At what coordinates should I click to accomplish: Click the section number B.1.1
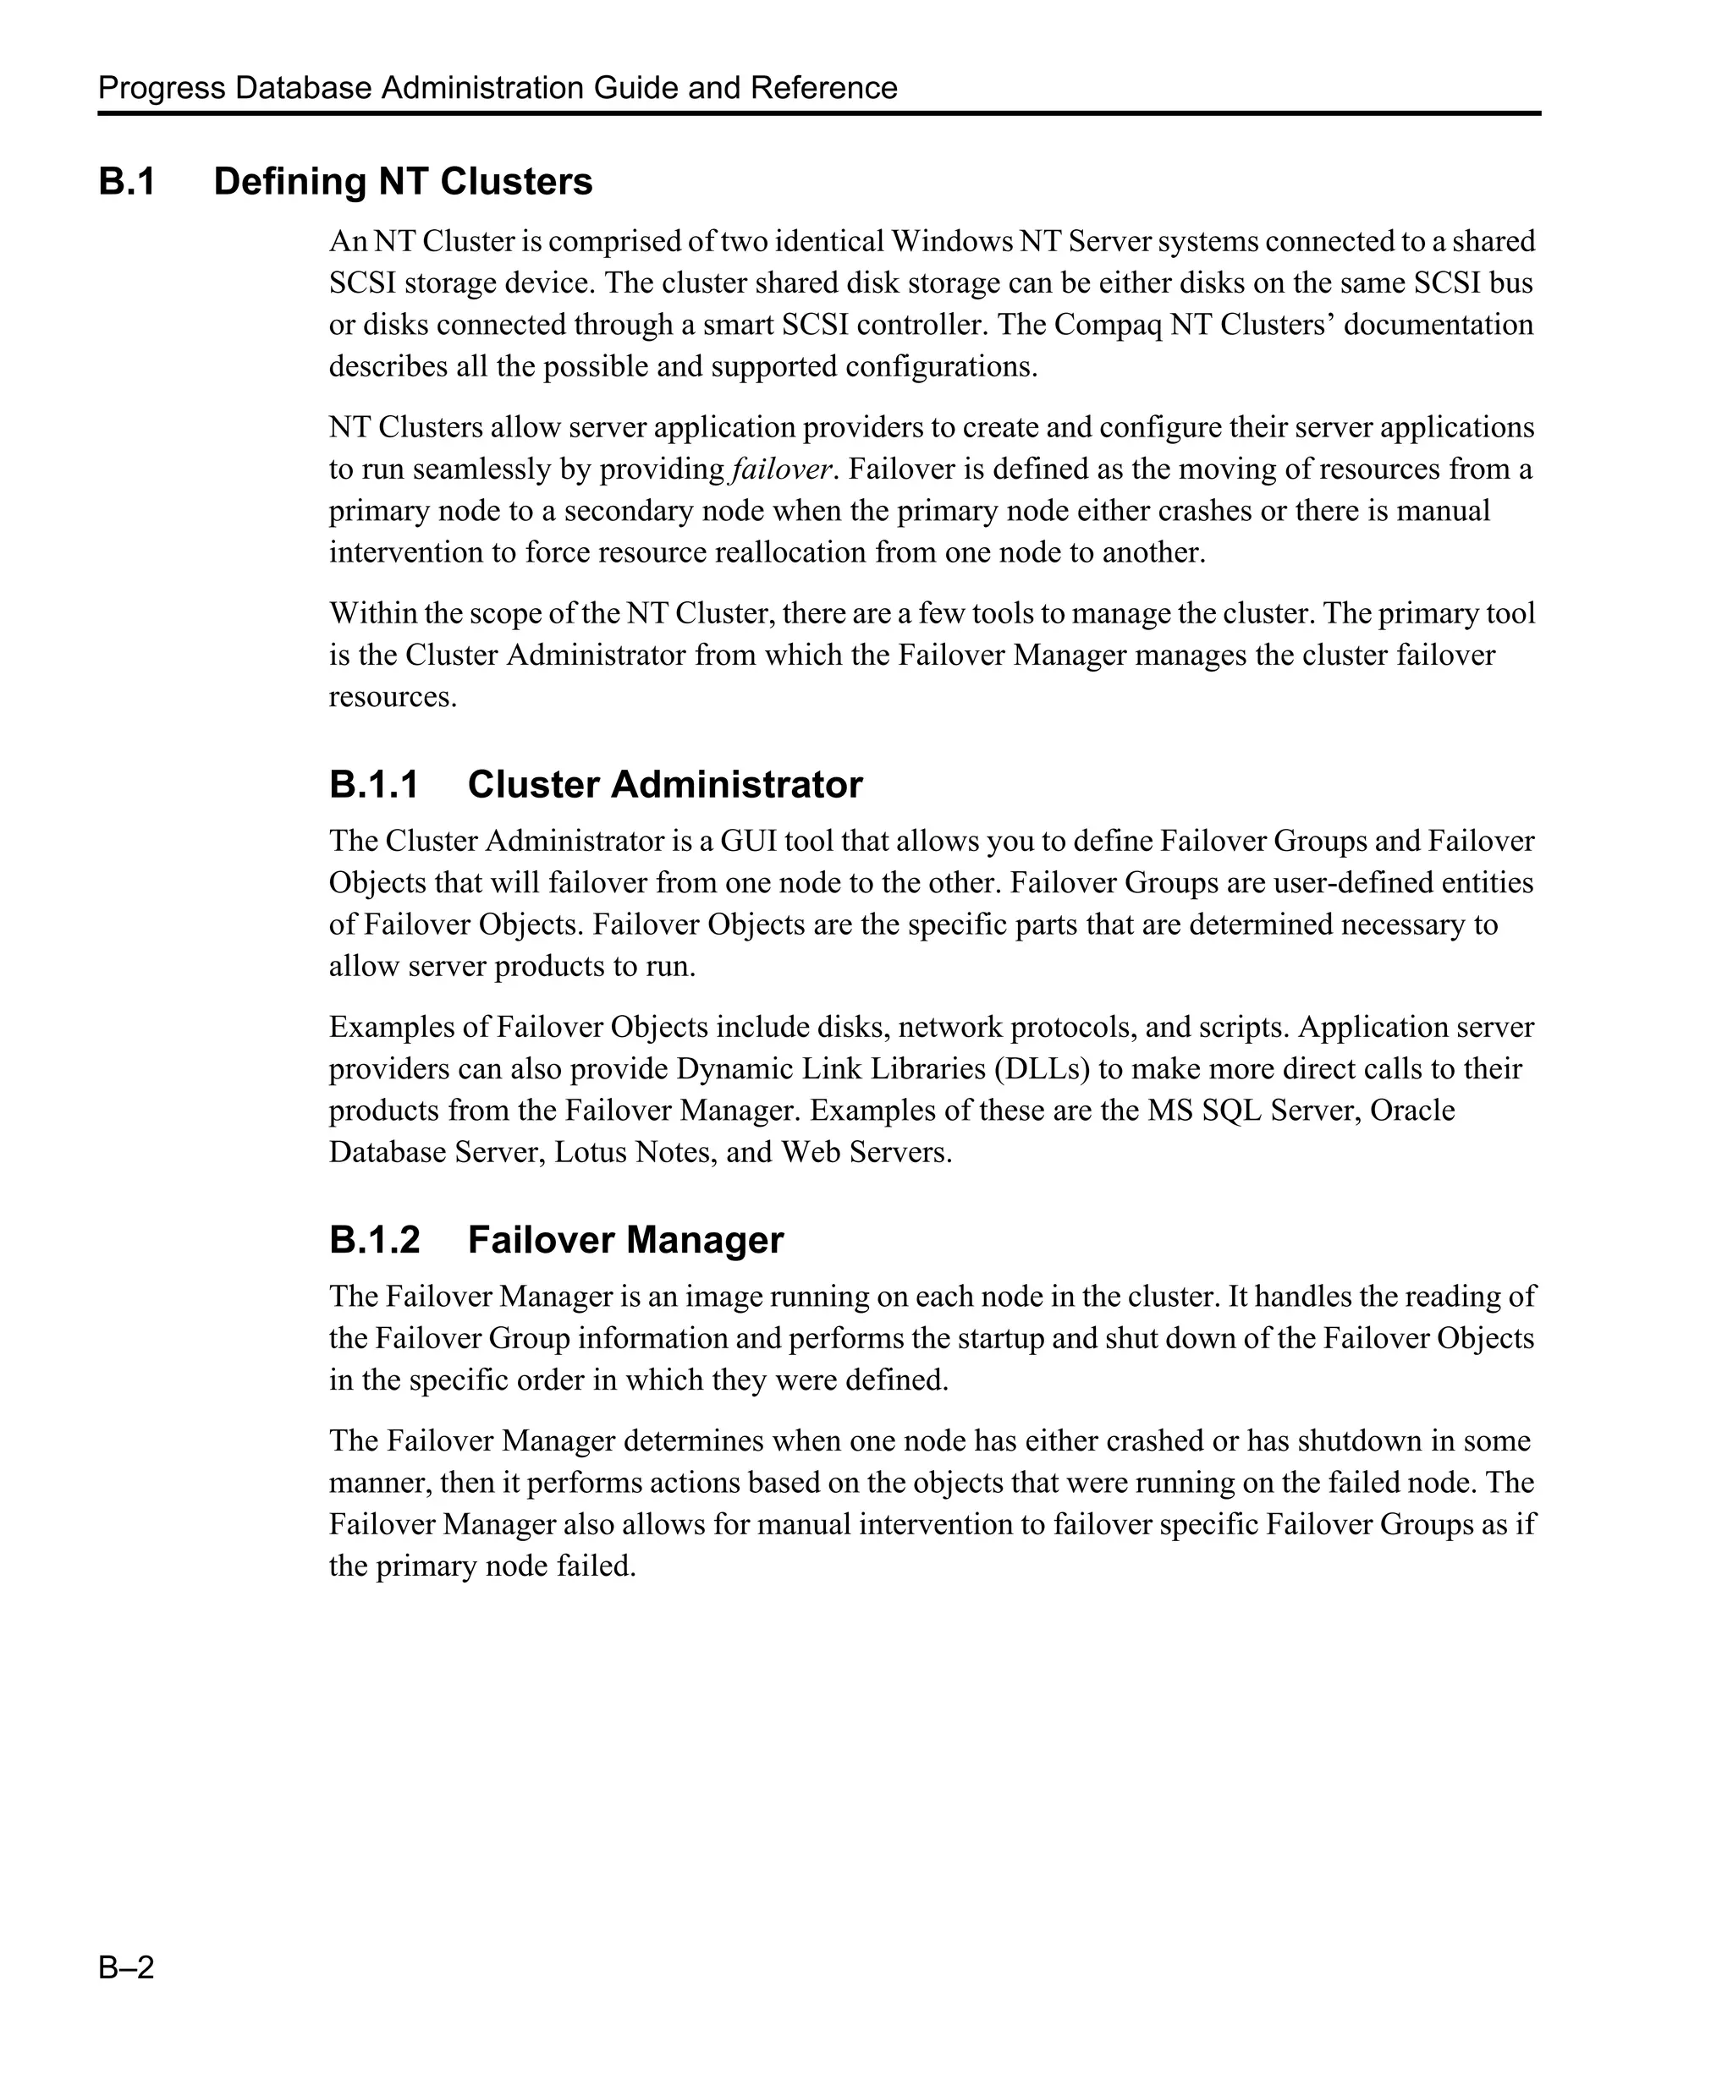pyautogui.click(x=373, y=785)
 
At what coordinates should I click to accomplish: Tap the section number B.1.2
pyautogui.click(x=373, y=1241)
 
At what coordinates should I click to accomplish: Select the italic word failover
pyautogui.click(x=780, y=469)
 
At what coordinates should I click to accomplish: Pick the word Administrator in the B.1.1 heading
pyautogui.click(x=736, y=785)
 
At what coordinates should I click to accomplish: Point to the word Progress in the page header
pyautogui.click(x=162, y=88)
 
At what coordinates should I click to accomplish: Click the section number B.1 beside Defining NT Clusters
pyautogui.click(x=127, y=182)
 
